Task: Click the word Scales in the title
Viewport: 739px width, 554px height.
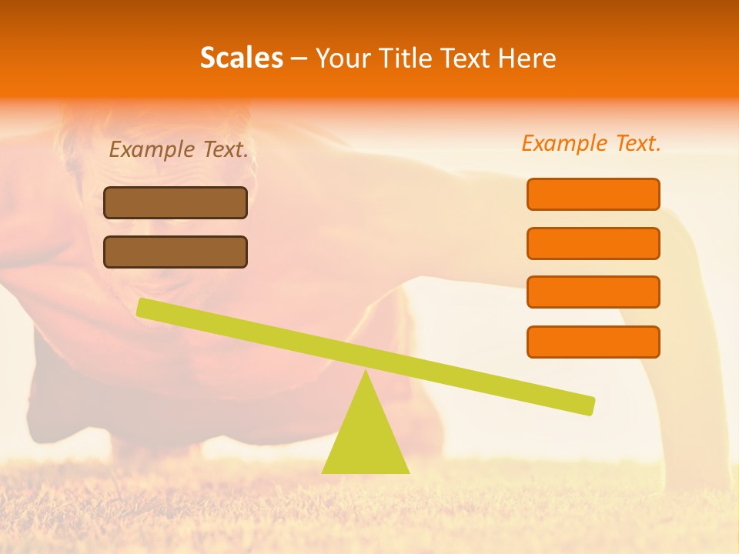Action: point(241,58)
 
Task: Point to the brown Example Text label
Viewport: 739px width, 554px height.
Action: point(179,149)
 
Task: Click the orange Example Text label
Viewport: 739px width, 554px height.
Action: point(591,143)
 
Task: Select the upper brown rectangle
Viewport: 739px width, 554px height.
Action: point(176,202)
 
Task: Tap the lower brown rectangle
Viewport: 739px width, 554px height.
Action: point(176,252)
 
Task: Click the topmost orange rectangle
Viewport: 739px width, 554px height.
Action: point(593,194)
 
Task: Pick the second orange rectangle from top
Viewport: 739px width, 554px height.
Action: point(593,243)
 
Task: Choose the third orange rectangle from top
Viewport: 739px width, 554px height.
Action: point(593,292)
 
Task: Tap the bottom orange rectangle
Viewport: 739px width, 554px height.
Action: point(593,342)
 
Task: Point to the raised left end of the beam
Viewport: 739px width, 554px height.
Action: point(143,307)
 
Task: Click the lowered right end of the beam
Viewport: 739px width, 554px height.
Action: point(588,405)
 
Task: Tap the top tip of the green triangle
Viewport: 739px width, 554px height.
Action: point(366,372)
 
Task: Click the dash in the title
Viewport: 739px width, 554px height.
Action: point(299,58)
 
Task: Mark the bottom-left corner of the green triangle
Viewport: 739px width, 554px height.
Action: point(323,472)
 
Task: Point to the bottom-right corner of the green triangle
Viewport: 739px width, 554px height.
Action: point(409,472)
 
